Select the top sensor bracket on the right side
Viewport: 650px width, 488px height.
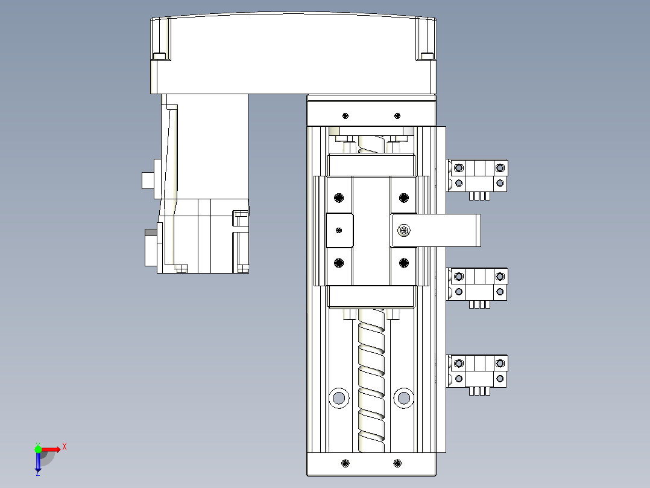click(x=478, y=175)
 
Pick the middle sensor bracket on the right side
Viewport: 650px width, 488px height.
click(x=478, y=284)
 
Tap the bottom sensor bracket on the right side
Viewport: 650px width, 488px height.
click(x=478, y=371)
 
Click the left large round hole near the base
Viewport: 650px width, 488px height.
click(x=339, y=397)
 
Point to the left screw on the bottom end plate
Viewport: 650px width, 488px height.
click(x=345, y=463)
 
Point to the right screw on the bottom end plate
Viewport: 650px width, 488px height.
click(x=397, y=463)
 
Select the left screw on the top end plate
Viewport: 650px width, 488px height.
click(x=345, y=115)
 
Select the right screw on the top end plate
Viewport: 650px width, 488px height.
click(x=397, y=115)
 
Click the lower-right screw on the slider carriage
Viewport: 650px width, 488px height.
click(x=403, y=262)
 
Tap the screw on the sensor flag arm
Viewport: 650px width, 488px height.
click(x=403, y=230)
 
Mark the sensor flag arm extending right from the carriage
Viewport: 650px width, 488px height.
click(x=446, y=230)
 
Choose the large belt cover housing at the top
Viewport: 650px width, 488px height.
click(x=292, y=54)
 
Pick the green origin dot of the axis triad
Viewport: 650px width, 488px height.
click(x=38, y=449)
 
